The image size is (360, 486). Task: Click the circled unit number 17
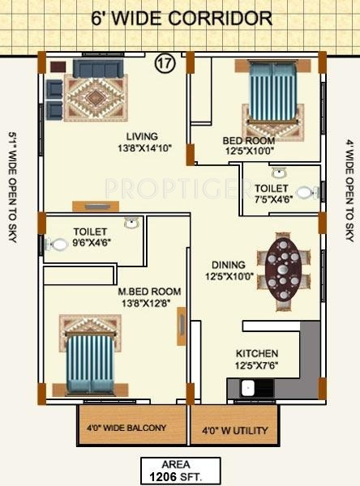pos(165,63)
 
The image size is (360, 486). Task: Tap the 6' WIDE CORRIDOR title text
pos(182,19)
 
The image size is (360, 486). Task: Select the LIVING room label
pos(142,136)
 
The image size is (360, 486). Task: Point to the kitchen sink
pos(248,388)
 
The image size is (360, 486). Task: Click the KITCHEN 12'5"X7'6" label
pos(257,360)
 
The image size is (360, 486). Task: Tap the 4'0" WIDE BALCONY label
pos(126,428)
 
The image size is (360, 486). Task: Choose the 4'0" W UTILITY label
pos(234,431)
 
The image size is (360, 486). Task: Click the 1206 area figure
pos(163,476)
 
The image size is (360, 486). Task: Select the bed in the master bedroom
pos(91,363)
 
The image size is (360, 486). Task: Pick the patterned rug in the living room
pos(96,98)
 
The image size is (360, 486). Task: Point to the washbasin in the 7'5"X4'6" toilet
pos(281,173)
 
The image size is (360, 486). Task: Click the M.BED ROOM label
pos(149,292)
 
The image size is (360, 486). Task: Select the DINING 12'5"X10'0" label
pos(229,271)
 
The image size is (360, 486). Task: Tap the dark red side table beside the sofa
pos(58,66)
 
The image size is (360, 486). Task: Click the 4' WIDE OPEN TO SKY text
pos(350,190)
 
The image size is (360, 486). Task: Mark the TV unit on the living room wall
pos(96,206)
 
